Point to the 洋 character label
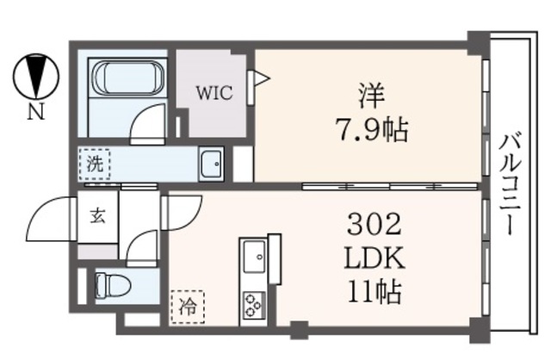pyautogui.click(x=372, y=92)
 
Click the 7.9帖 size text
pyautogui.click(x=372, y=131)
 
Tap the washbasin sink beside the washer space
pyautogui.click(x=210, y=163)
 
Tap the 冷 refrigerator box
pyautogui.click(x=189, y=304)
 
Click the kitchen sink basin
pyautogui.click(x=255, y=257)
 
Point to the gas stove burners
pyautogui.click(x=255, y=301)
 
